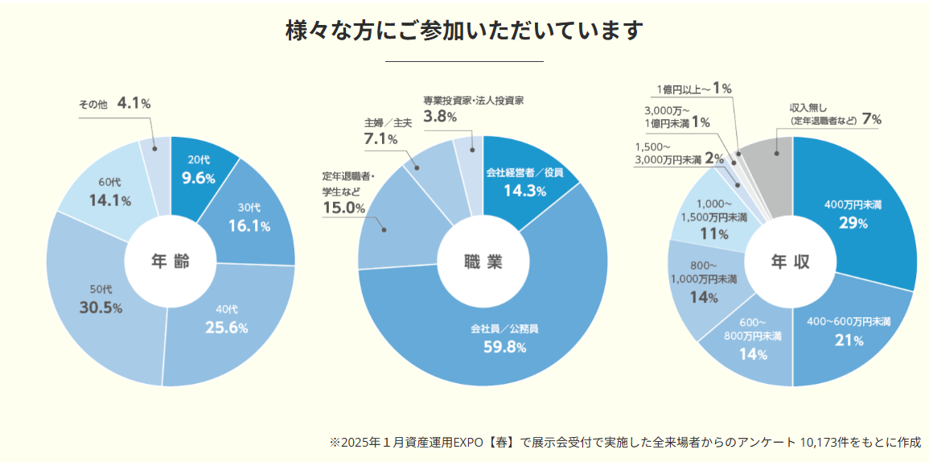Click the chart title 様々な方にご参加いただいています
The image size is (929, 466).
(464, 31)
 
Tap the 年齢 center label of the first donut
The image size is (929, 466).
(171, 262)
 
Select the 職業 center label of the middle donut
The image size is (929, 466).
(483, 262)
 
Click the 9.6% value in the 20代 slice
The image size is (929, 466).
(199, 179)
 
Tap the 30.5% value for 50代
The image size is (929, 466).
(101, 308)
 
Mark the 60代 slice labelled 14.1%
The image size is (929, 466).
(109, 193)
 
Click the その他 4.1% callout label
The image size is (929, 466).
(114, 104)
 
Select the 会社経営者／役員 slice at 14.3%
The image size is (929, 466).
(524, 184)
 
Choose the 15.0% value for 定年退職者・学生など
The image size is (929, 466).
(344, 208)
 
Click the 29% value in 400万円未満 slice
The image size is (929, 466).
(853, 223)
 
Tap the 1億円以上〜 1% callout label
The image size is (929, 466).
(693, 89)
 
